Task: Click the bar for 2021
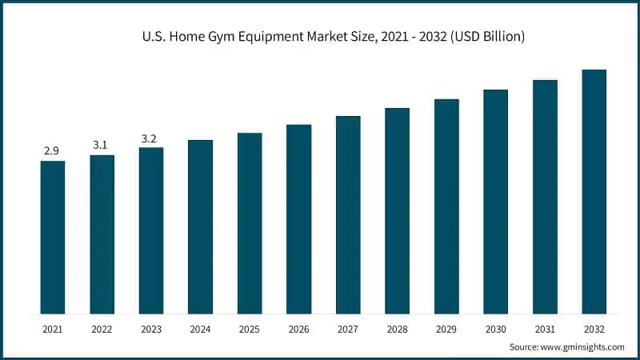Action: (53, 237)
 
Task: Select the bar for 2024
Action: (200, 226)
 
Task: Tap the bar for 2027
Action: (348, 214)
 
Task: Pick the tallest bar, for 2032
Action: (594, 191)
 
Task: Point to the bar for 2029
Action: (446, 206)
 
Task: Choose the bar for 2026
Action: (298, 218)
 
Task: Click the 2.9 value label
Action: (53, 150)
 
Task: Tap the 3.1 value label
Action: (102, 145)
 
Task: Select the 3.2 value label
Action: (150, 138)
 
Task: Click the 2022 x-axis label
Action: (102, 329)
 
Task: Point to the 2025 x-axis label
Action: (250, 329)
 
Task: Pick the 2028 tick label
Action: (397, 329)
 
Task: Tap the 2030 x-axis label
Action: (495, 329)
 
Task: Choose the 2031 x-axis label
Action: (545, 329)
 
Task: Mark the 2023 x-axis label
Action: (151, 329)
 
